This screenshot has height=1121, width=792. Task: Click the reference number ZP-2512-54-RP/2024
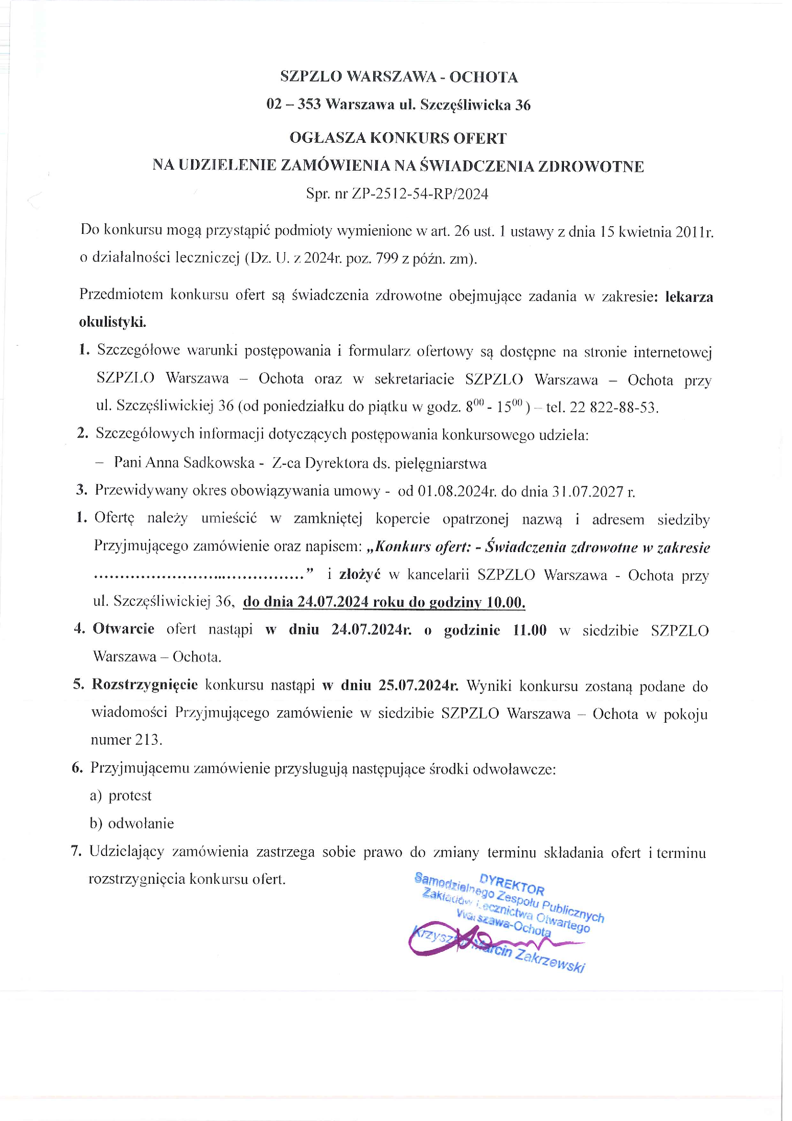click(420, 194)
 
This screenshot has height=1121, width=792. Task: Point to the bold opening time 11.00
click(529, 630)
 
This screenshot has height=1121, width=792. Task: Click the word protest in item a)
click(130, 796)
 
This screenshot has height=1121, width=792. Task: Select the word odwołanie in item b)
click(140, 824)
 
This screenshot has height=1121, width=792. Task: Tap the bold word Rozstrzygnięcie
click(144, 685)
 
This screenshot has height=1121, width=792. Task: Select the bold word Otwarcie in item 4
click(124, 629)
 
